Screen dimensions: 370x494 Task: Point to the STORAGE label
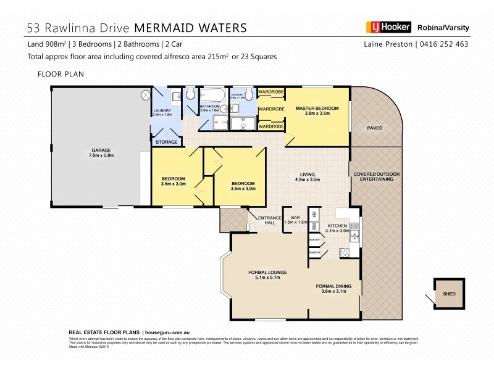166,142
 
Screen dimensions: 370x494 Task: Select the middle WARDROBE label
271,109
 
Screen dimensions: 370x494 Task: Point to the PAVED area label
375,128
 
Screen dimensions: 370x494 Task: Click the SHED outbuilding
449,294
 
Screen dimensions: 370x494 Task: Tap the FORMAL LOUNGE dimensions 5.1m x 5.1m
268,278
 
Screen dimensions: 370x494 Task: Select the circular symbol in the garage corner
146,95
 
